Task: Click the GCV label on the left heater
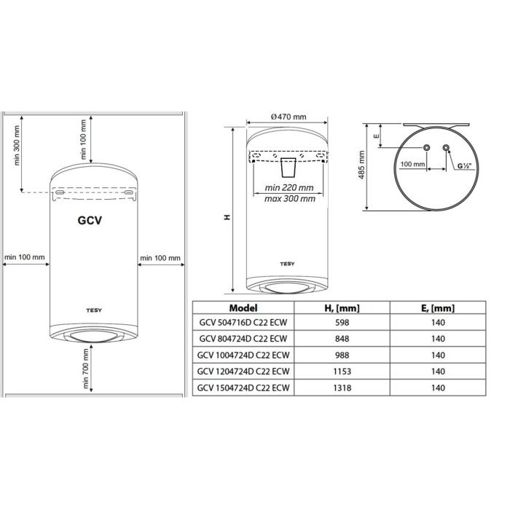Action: click(90, 221)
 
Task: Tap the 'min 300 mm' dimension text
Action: click(17, 146)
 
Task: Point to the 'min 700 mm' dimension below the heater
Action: click(86, 369)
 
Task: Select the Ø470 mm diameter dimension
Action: click(289, 117)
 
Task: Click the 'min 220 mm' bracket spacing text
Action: click(289, 188)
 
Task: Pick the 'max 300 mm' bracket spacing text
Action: click(290, 198)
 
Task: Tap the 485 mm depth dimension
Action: click(361, 165)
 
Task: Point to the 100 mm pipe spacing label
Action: click(413, 164)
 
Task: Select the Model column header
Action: click(243, 308)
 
